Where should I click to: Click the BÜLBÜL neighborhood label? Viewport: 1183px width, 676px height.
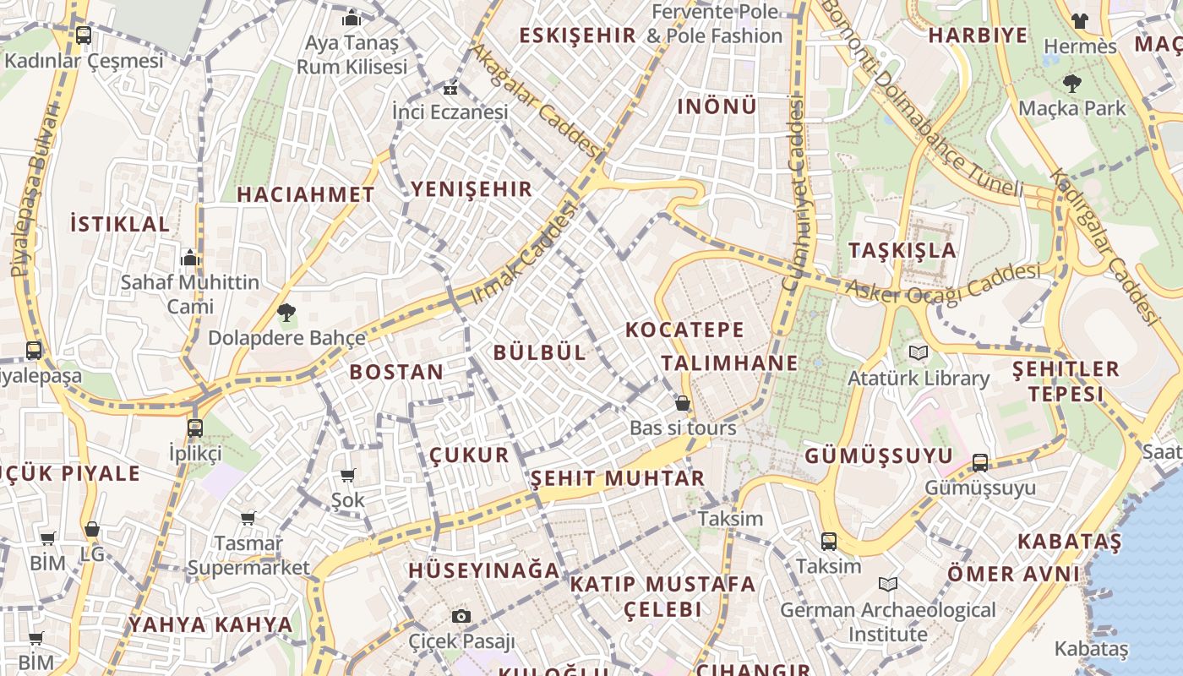(539, 352)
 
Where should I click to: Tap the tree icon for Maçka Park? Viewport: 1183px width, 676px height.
(1072, 84)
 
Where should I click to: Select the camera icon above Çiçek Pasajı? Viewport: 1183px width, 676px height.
(461, 616)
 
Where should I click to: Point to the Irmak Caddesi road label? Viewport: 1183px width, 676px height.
(524, 253)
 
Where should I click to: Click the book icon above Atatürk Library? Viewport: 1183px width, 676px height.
(918, 352)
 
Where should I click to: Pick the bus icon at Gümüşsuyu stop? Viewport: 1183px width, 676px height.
(979, 462)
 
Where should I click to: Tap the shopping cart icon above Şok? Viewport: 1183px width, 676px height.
(347, 475)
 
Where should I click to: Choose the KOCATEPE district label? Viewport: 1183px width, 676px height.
(684, 330)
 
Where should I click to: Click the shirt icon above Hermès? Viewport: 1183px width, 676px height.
(1079, 21)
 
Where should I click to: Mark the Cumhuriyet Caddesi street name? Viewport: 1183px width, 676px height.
(795, 194)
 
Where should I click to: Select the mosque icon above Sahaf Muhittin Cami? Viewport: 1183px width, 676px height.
(190, 257)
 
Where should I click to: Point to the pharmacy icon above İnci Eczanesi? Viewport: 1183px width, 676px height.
(450, 88)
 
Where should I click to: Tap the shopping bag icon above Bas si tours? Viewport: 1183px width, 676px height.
(683, 404)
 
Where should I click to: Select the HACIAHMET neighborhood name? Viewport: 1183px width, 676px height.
(305, 194)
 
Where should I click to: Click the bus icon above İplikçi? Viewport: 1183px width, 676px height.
(195, 428)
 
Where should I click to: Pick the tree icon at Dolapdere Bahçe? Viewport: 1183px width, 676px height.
(286, 313)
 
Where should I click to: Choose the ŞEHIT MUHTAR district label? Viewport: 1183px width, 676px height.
(617, 478)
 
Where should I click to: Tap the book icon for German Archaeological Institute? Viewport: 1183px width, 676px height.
(887, 584)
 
